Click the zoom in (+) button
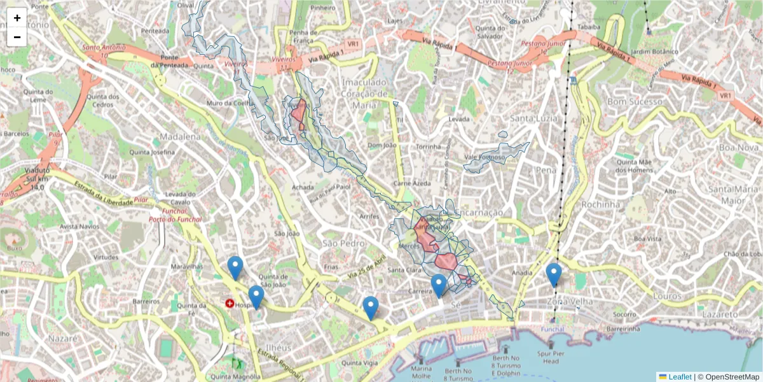17,18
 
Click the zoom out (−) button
17,37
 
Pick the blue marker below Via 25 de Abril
371,308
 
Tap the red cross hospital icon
229,304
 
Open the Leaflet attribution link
679,377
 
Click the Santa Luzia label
535,118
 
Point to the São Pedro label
345,243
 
